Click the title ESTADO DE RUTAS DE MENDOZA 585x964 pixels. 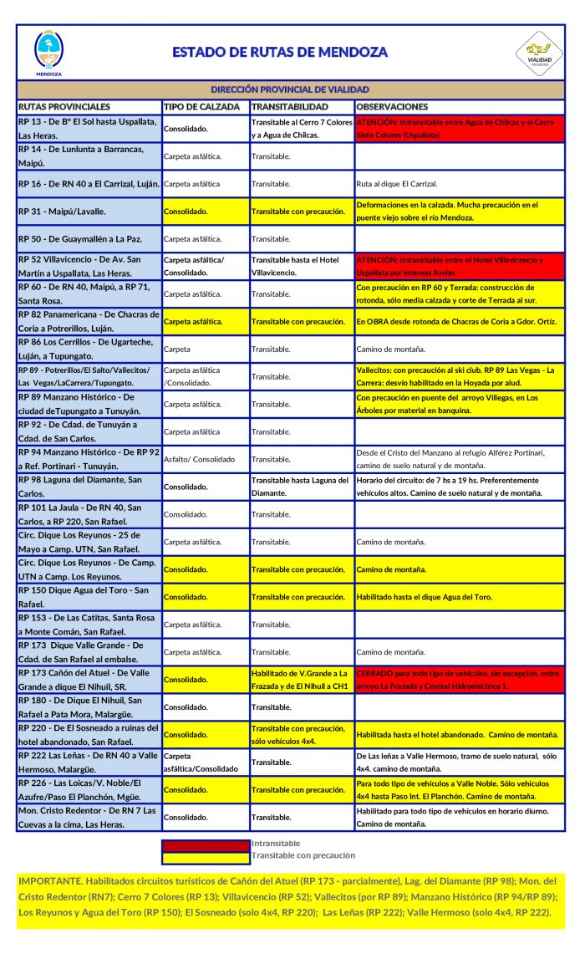pyautogui.click(x=280, y=52)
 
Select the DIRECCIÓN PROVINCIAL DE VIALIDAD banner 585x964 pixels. pyautogui.click(x=290, y=89)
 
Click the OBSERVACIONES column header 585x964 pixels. pyautogui.click(x=392, y=107)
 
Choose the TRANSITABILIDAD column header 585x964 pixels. pyautogui.click(x=290, y=107)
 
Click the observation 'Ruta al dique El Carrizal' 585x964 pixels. pyautogui.click(x=396, y=184)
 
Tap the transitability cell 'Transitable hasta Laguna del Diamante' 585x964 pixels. pyautogui.click(x=301, y=487)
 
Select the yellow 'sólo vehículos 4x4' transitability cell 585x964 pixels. pyautogui.click(x=301, y=734)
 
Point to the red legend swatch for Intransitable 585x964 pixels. pyautogui.click(x=206, y=844)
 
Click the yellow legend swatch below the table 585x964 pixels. pyautogui.click(x=206, y=856)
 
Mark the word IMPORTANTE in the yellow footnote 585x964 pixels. pyautogui.click(x=49, y=881)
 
